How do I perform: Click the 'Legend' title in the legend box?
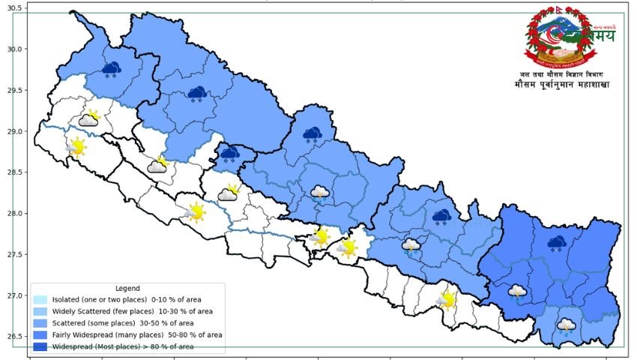click(128, 288)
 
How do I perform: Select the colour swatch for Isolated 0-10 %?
click(40, 299)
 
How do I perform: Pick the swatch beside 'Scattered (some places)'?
click(40, 323)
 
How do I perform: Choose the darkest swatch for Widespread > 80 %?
click(40, 346)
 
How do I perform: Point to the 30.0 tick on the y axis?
click(15, 49)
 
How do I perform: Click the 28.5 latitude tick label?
click(15, 172)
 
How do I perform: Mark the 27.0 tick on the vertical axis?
click(15, 295)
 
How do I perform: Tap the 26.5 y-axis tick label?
click(15, 336)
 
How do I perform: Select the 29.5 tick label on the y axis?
click(15, 91)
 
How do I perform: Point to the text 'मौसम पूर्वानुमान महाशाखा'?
click(562, 85)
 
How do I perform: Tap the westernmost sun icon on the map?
click(76, 147)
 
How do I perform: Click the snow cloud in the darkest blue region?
click(556, 243)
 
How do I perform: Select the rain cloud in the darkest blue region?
click(517, 292)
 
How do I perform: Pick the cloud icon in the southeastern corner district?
click(567, 325)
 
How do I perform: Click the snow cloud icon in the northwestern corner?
click(112, 70)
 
